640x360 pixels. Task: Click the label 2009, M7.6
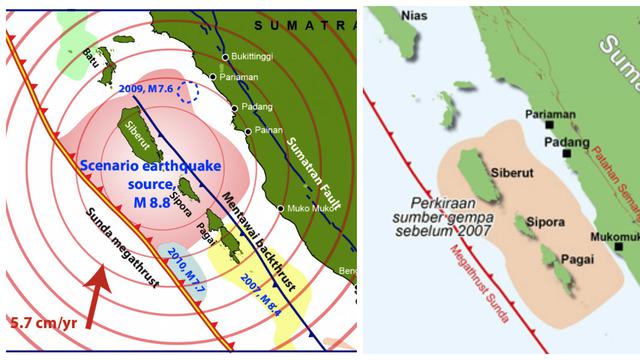146,89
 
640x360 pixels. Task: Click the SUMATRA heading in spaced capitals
299,23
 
